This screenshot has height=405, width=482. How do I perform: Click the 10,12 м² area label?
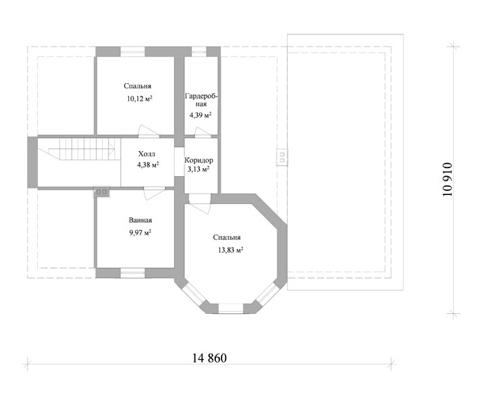pos(140,99)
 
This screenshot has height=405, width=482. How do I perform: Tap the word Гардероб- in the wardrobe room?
pos(201,97)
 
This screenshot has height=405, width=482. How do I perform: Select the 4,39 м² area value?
pos(200,115)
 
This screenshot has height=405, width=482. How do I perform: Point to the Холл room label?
pos(146,154)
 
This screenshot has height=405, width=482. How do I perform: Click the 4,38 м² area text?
pos(148,165)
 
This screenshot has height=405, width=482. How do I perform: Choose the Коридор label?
pos(198,160)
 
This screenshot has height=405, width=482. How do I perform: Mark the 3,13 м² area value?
pos(198,169)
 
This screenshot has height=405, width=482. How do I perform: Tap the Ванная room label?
pos(140,220)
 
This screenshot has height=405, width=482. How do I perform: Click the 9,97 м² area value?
pos(140,232)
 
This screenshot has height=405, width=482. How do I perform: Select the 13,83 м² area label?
pos(231,250)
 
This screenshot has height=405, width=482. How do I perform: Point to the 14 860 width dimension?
pos(209,358)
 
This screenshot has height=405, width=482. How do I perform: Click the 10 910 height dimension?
pos(448,180)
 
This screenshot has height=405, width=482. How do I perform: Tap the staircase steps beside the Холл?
pos(82,148)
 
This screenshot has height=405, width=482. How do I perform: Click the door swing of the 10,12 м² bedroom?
pos(148,130)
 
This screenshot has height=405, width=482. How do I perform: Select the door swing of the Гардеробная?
pos(203,132)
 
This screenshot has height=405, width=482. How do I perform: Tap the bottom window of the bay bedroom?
pos(231,308)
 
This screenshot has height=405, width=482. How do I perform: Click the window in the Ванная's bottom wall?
pos(132,273)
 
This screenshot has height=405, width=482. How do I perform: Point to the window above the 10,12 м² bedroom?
pos(132,51)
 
